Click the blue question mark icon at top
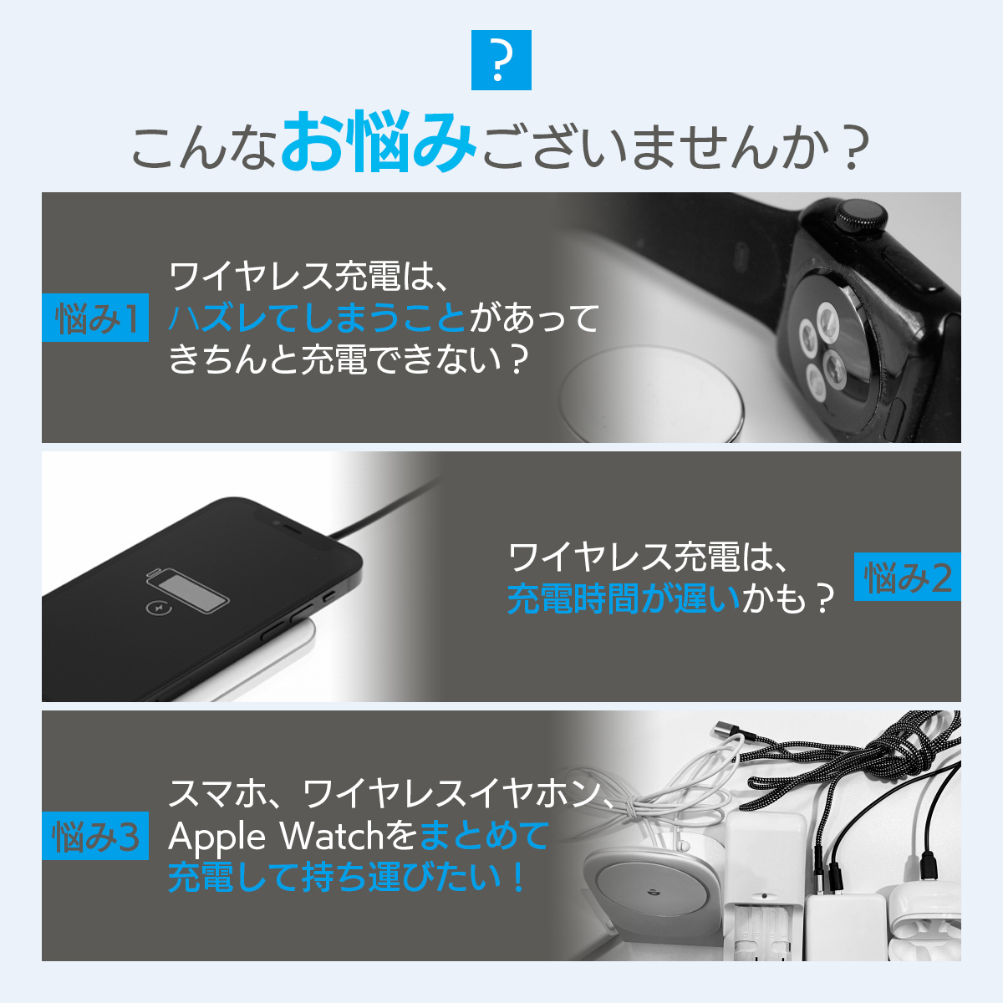click(x=501, y=60)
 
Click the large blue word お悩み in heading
click(x=379, y=142)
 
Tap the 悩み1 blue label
click(x=95, y=318)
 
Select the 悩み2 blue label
click(x=907, y=577)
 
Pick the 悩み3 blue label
click(x=95, y=835)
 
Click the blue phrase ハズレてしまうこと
click(x=317, y=318)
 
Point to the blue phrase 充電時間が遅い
click(x=624, y=598)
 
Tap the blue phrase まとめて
click(x=484, y=836)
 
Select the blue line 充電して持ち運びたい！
click(x=347, y=878)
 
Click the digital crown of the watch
click(x=861, y=216)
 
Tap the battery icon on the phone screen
click(x=188, y=591)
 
